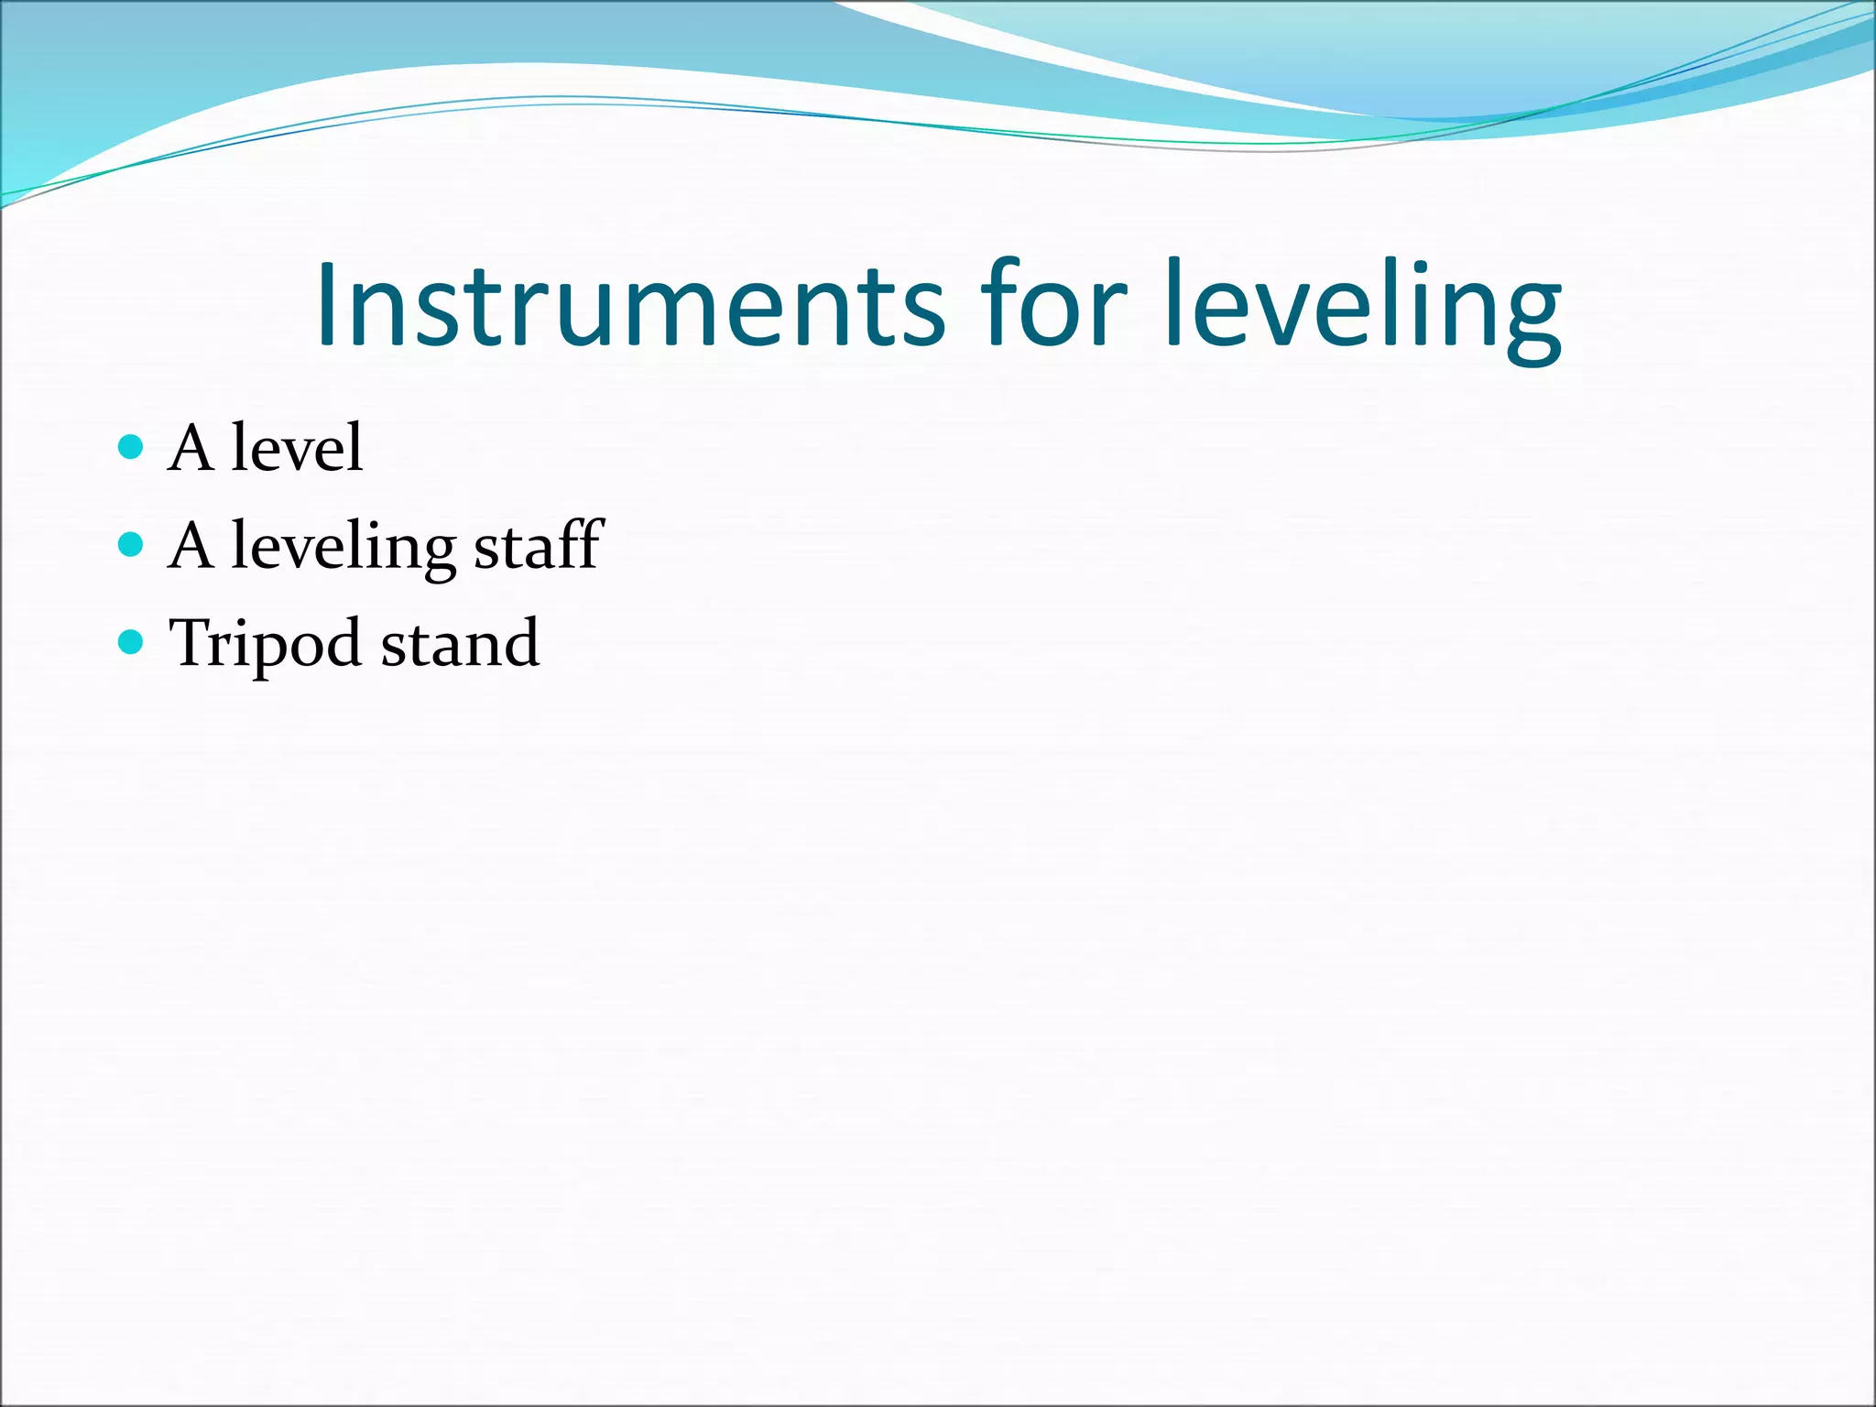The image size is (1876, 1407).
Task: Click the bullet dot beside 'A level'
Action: click(x=132, y=447)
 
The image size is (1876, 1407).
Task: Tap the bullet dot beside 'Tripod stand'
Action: click(x=132, y=642)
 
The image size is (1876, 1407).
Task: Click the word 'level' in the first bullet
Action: click(x=297, y=448)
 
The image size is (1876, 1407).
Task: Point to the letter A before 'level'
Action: click(x=191, y=448)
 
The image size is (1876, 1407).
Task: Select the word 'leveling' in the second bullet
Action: click(x=344, y=547)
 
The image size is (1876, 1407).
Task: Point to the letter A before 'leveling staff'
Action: click(x=191, y=546)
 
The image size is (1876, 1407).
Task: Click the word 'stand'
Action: click(x=460, y=643)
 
